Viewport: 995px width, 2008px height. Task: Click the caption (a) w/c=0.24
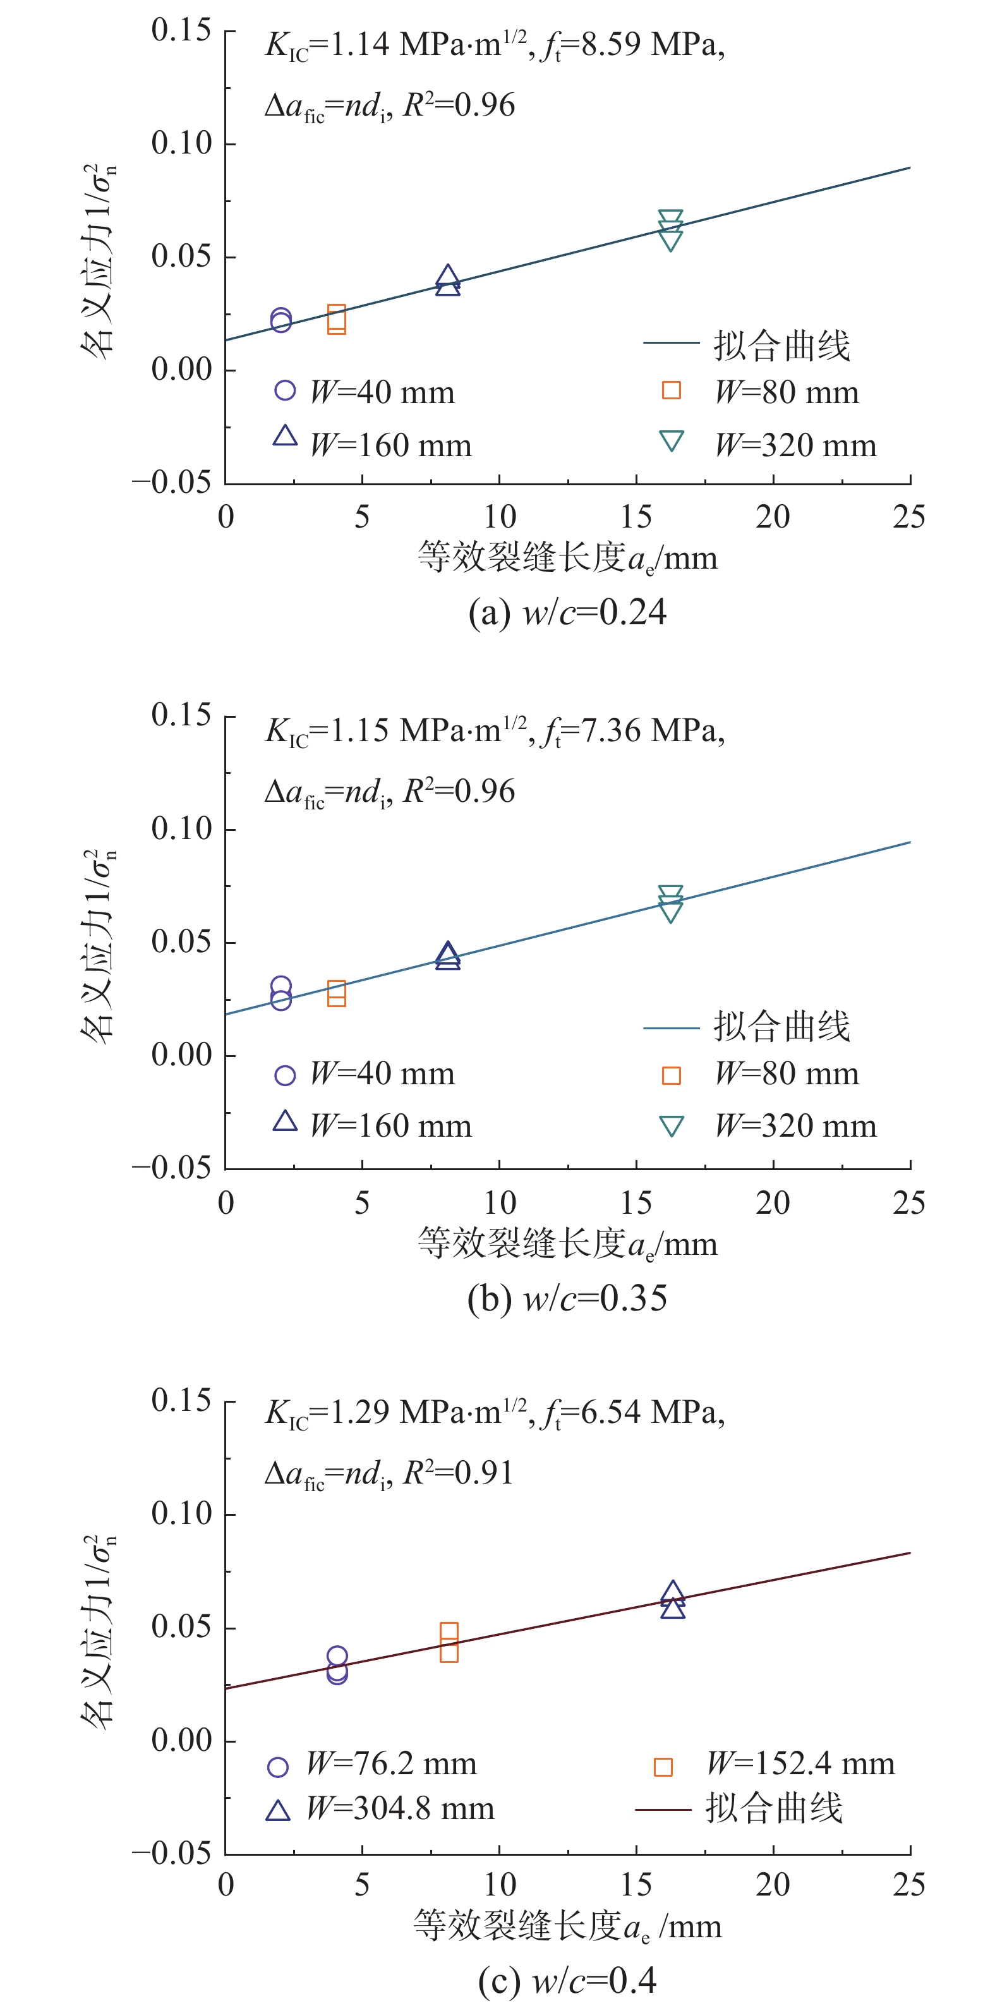pos(567,613)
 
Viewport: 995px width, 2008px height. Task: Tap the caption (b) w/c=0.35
pos(567,1298)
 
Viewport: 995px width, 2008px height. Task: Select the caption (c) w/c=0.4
pos(567,1981)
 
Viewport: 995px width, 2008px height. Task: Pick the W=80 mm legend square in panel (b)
pos(671,1075)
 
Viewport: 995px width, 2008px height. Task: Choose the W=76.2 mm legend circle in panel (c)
pos(278,1767)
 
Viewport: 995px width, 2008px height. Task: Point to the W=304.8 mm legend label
pos(401,1808)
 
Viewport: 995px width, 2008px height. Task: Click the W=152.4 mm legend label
pos(800,1764)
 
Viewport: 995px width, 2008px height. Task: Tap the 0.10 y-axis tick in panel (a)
pos(181,143)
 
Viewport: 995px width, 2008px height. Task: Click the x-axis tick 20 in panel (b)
pos(772,1203)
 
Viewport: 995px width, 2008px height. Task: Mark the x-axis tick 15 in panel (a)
pos(636,517)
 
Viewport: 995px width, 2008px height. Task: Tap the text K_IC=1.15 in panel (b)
pos(327,730)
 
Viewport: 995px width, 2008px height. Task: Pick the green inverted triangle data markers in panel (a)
pos(671,230)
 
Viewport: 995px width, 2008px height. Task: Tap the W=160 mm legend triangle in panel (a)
pos(285,437)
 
